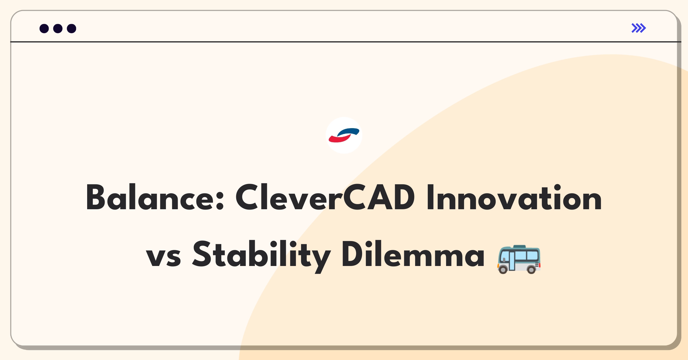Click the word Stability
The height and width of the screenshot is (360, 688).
[261, 256]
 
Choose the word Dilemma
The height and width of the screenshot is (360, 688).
[413, 254]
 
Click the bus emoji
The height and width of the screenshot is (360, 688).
[519, 259]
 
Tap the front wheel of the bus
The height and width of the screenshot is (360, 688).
[503, 269]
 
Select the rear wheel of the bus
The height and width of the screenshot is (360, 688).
[531, 269]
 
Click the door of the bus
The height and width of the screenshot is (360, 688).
[512, 261]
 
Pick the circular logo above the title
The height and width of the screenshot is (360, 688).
[344, 135]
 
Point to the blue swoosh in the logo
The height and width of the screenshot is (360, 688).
[349, 132]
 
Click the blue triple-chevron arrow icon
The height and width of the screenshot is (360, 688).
[639, 28]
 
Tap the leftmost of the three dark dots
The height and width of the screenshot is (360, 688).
[44, 28]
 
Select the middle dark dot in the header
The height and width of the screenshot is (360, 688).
[58, 28]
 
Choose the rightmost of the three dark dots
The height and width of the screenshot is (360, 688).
[72, 28]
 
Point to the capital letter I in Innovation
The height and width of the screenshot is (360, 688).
[430, 197]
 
